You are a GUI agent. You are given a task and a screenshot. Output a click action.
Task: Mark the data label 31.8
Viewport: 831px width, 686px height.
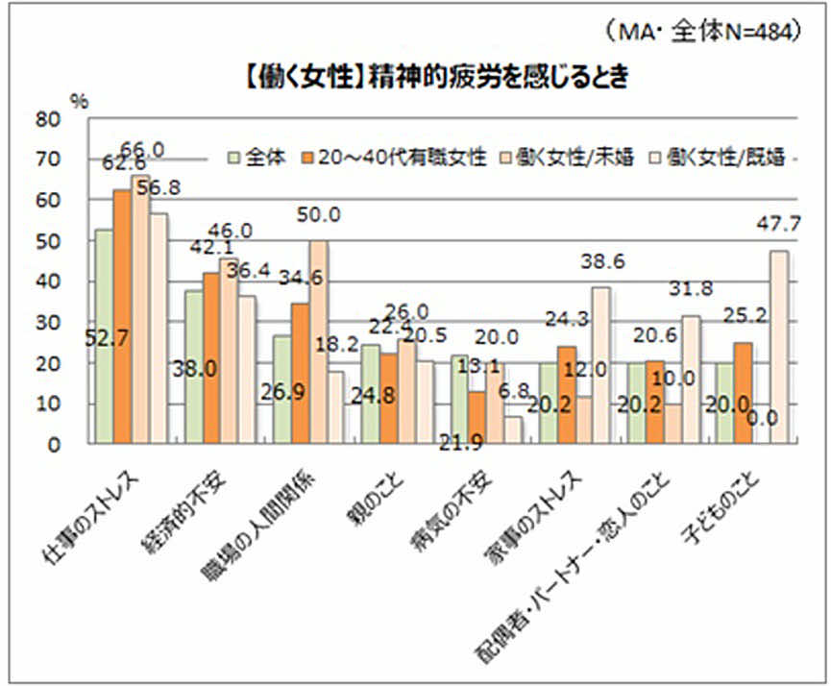690,289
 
